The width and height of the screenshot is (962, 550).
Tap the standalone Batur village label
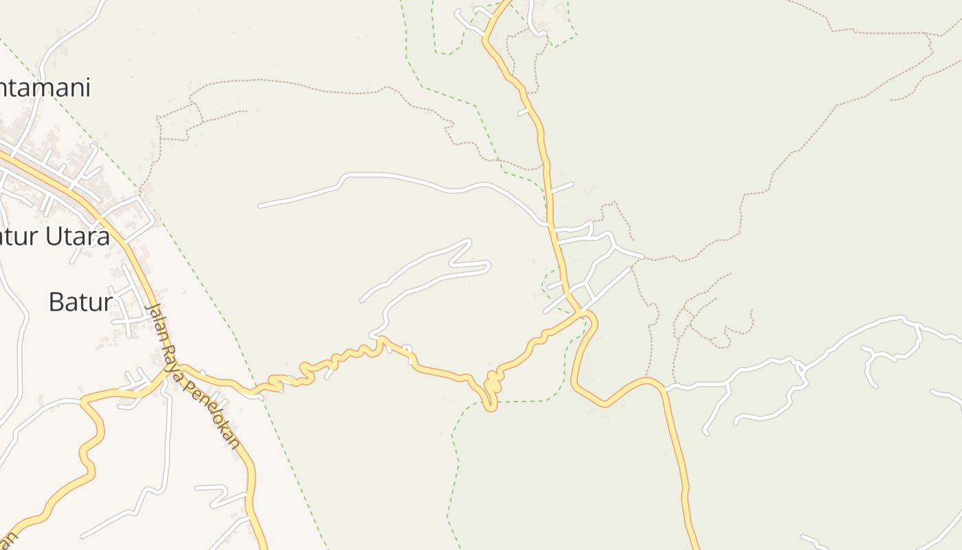80,302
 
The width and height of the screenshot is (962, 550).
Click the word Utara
78,236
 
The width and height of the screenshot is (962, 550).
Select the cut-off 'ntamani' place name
45,88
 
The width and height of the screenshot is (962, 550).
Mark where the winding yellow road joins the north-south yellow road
584,314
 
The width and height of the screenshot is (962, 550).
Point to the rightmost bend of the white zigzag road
488,264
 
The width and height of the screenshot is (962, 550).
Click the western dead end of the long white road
260,206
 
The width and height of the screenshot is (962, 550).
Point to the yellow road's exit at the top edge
508,3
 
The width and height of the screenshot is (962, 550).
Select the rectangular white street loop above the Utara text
131,214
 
